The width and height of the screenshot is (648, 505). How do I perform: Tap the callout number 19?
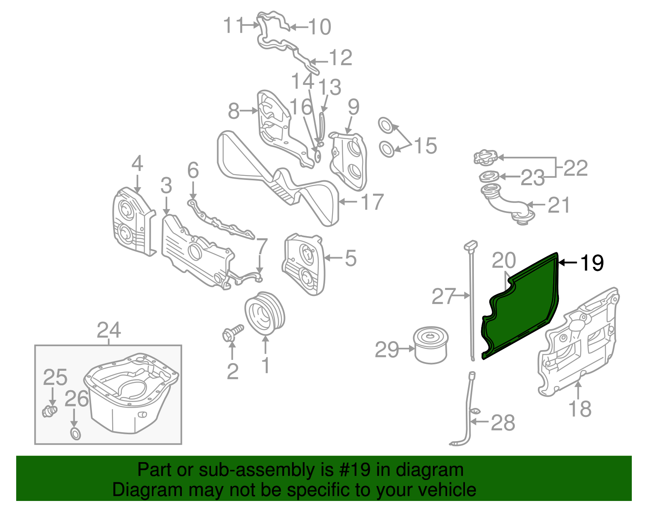click(592, 263)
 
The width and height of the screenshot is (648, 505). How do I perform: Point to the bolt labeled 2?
click(233, 333)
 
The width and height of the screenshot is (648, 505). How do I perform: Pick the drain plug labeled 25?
click(49, 411)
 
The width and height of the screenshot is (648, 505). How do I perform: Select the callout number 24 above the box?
click(109, 331)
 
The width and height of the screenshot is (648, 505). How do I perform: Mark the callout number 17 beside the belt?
click(372, 202)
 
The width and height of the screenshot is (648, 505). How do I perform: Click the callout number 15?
click(425, 146)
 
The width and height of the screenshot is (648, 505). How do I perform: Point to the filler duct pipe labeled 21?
click(506, 204)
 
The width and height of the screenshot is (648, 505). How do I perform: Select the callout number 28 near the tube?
click(503, 423)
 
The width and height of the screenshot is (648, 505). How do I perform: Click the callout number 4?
click(137, 164)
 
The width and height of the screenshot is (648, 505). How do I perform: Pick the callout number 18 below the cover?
click(580, 409)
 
